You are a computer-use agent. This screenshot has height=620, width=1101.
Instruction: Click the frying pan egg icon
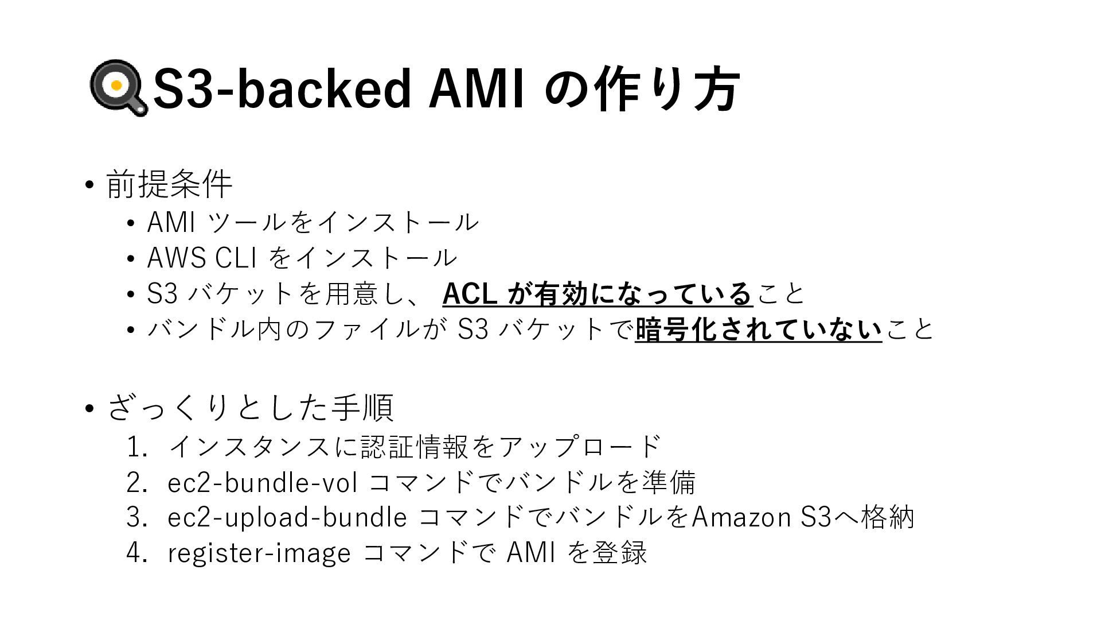pos(118,87)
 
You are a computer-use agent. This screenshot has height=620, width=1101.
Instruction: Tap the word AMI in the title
pos(477,88)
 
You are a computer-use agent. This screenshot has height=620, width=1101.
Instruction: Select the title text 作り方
pos(667,88)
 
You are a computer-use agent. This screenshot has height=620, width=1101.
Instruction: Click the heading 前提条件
pos(169,184)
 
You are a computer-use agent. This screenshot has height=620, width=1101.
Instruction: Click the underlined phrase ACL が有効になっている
pos(597,294)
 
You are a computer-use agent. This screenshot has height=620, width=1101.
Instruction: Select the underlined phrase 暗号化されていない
pos(758,330)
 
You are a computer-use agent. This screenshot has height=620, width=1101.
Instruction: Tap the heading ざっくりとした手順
pos(250,407)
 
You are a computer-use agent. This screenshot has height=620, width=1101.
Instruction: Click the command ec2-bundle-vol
pos(263,482)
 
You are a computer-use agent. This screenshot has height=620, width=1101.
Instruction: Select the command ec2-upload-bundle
pos(287,517)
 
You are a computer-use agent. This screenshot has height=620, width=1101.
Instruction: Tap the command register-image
pos(259,553)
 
